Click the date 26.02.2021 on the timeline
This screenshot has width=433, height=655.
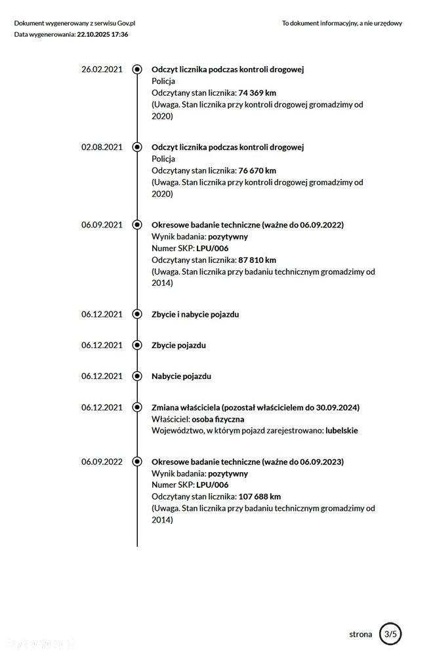(x=102, y=69)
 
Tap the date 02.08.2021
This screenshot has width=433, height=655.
(x=102, y=147)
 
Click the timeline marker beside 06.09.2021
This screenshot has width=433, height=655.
(x=137, y=224)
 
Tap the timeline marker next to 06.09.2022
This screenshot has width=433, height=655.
(x=137, y=462)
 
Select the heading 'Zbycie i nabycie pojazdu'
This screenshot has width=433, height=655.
(x=196, y=314)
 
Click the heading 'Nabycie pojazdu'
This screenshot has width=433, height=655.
(x=182, y=376)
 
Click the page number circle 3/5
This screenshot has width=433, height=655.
(x=391, y=634)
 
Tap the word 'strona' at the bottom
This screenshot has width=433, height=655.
(x=361, y=634)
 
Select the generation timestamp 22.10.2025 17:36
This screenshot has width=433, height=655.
(x=102, y=34)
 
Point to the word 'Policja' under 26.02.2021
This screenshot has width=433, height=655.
(x=163, y=81)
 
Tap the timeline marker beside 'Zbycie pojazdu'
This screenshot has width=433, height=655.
(x=137, y=345)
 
